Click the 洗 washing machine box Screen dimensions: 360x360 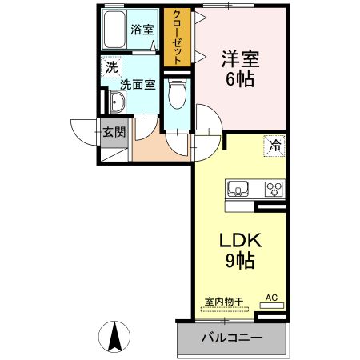point(110,68)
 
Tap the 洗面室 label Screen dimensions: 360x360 point(138,83)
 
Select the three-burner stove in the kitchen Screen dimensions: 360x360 point(274,189)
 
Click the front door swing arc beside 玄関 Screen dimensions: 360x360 point(82,130)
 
